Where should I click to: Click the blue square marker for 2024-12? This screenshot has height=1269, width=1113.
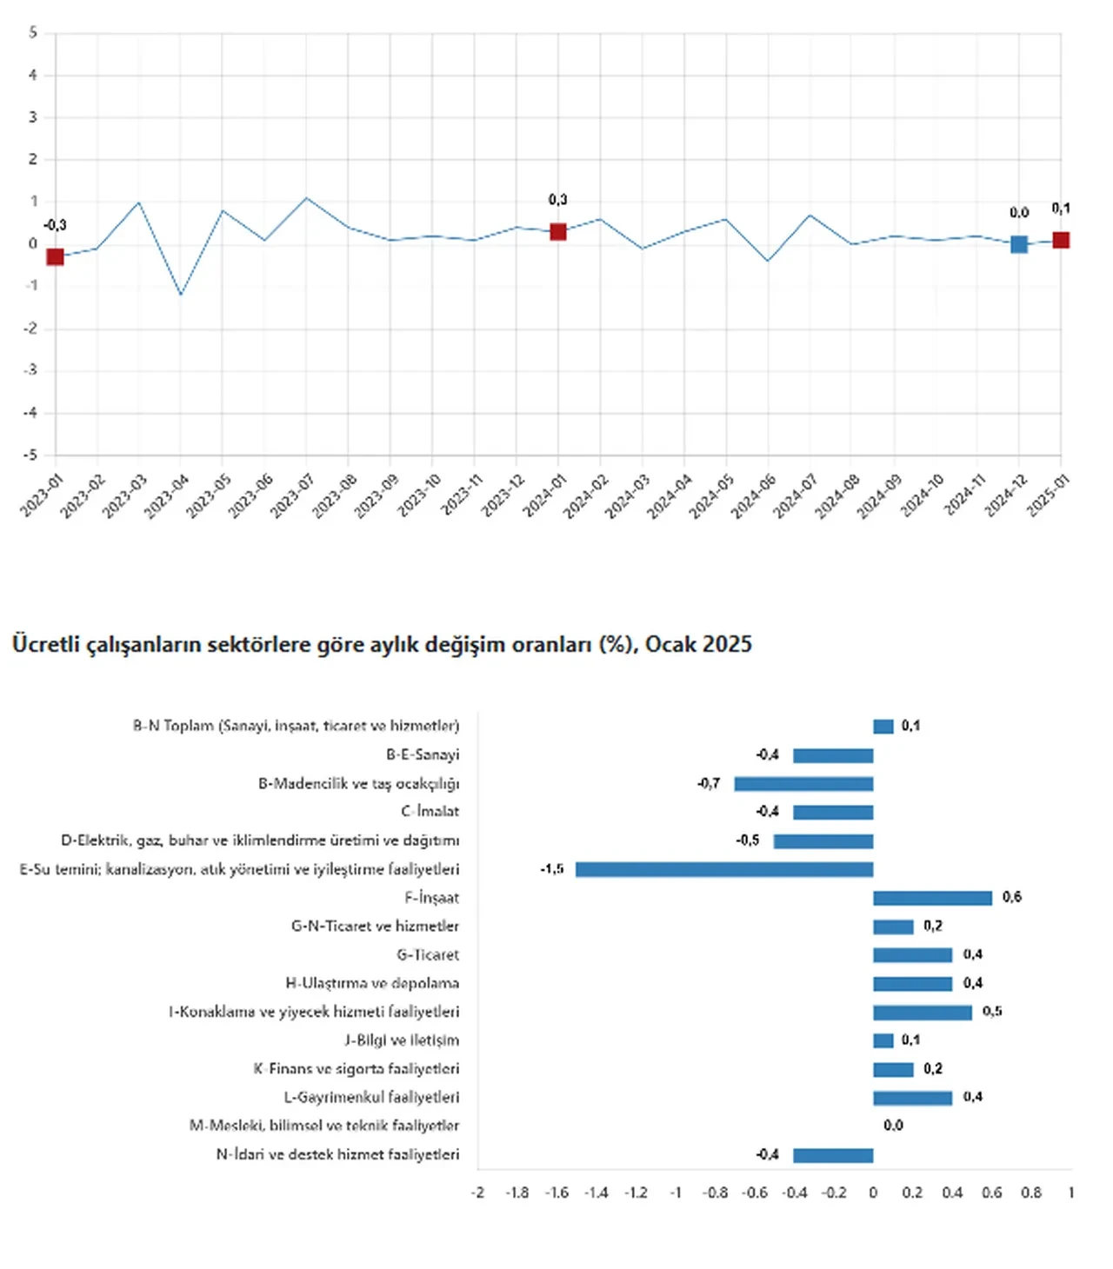tap(1019, 244)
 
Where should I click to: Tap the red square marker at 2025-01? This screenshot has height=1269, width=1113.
tap(1061, 240)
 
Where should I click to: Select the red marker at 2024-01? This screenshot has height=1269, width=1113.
tap(558, 232)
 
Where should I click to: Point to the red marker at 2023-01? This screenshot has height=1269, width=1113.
tap(55, 256)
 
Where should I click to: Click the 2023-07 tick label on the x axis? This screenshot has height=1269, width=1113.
tap(290, 496)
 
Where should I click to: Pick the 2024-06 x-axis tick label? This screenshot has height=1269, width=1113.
tap(752, 496)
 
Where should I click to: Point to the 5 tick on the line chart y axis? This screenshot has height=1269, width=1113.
tap(33, 33)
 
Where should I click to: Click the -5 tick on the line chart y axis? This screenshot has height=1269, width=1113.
tap(30, 455)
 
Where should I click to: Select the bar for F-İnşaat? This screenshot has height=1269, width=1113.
tap(932, 898)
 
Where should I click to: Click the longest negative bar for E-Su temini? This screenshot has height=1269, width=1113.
tap(724, 869)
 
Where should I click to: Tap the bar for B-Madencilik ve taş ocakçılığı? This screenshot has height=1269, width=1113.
tap(803, 784)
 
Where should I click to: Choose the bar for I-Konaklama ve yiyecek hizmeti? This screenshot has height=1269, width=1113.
tap(923, 1013)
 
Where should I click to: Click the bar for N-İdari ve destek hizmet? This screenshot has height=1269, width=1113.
tap(833, 1155)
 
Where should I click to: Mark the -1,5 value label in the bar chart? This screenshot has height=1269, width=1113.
tap(552, 869)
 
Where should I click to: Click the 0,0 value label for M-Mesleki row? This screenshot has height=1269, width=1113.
tap(893, 1126)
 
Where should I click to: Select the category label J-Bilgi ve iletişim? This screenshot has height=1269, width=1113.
tap(402, 1040)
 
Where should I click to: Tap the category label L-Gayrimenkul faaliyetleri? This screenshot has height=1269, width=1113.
tap(371, 1097)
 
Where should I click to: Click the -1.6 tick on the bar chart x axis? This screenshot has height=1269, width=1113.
tap(556, 1193)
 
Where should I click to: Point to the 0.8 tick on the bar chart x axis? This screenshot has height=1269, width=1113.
tap(1031, 1193)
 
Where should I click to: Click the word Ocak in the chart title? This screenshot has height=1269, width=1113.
tap(670, 644)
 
